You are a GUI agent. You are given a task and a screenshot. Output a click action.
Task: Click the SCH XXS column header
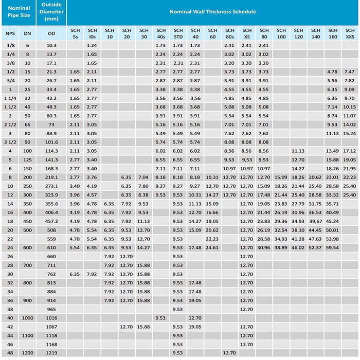(350, 33)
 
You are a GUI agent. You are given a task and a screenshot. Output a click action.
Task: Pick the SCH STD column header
(178, 33)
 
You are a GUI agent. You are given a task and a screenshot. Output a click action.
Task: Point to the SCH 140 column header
(315, 33)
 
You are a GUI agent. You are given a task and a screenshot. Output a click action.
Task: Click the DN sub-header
(27, 33)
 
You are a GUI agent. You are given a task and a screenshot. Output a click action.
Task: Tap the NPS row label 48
(9, 353)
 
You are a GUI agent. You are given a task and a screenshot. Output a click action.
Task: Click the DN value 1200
(27, 353)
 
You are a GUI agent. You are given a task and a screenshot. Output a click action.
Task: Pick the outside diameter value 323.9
(51, 195)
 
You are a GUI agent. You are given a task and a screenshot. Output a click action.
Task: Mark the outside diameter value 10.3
(51, 46)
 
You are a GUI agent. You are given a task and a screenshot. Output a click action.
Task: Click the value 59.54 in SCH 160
(333, 247)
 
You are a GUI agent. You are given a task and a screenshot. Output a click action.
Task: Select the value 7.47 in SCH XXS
(350, 71)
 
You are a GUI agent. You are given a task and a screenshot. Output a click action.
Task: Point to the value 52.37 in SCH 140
(315, 247)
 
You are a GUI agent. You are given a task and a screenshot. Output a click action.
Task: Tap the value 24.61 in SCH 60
(212, 247)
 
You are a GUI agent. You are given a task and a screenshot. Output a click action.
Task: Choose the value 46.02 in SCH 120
(298, 247)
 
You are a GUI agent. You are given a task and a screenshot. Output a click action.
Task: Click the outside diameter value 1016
(51, 318)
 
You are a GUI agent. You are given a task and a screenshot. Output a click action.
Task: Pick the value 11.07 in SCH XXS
(350, 116)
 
